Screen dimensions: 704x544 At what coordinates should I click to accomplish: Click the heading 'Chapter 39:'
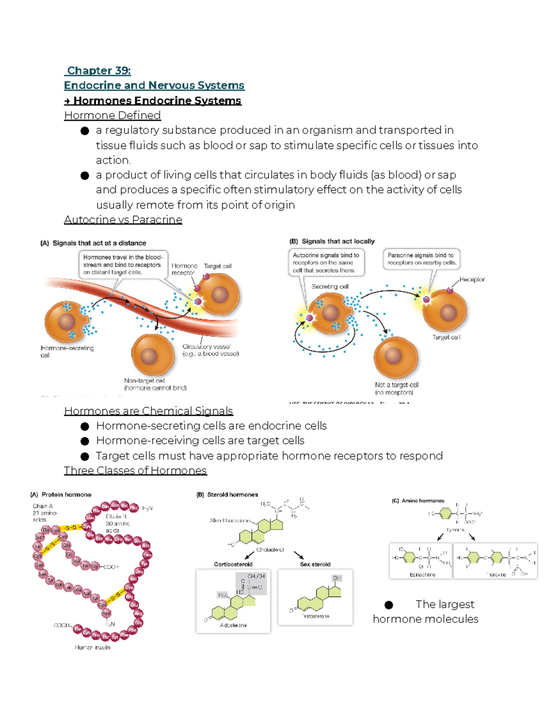pyautogui.click(x=98, y=71)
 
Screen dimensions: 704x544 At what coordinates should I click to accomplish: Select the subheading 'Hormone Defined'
pyautogui.click(x=112, y=115)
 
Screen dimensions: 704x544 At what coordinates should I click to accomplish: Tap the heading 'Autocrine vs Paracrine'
pyautogui.click(x=123, y=219)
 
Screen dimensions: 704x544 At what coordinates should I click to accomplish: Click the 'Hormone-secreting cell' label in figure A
pyautogui.click(x=67, y=351)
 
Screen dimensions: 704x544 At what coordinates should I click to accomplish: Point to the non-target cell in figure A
pyautogui.click(x=152, y=356)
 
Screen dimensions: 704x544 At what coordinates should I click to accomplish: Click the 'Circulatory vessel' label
pyautogui.click(x=210, y=350)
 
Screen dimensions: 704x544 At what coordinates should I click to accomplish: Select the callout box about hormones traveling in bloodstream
pyautogui.click(x=122, y=264)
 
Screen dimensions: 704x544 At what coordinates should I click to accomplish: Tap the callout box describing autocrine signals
pyautogui.click(x=326, y=262)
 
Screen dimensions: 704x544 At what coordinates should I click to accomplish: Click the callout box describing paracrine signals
pyautogui.click(x=421, y=259)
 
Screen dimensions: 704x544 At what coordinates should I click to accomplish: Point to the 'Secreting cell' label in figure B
pyautogui.click(x=330, y=286)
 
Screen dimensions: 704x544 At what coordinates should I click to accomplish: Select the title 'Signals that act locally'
pyautogui.click(x=338, y=241)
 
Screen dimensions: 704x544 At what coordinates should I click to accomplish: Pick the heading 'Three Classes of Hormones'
pyautogui.click(x=135, y=471)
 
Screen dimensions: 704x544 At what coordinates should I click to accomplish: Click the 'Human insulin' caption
pyautogui.click(x=92, y=647)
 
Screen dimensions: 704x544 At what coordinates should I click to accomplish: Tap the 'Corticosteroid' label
pyautogui.click(x=233, y=564)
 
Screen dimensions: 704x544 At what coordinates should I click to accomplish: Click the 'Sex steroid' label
pyautogui.click(x=315, y=564)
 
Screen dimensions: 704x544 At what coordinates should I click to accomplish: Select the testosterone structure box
pyautogui.click(x=315, y=597)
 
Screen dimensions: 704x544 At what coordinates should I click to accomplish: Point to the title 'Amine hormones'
pyautogui.click(x=422, y=500)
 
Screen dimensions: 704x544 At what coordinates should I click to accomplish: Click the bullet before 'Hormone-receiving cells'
pyautogui.click(x=85, y=441)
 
